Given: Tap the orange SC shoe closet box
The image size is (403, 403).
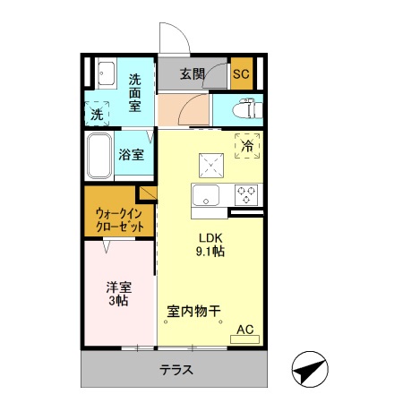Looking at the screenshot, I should click(x=241, y=73).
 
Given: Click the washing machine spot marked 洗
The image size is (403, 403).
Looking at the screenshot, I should click(x=97, y=114).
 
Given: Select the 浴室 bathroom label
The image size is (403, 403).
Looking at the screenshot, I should click(x=132, y=154).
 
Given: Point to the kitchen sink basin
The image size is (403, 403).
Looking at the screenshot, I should click(x=208, y=196).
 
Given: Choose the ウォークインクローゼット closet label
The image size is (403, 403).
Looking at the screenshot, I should click(x=120, y=220).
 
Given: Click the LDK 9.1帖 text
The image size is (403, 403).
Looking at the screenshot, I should click(x=211, y=244).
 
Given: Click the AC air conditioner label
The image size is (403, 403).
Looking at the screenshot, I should click(x=245, y=330).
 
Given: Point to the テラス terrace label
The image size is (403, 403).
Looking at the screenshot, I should click(x=177, y=369).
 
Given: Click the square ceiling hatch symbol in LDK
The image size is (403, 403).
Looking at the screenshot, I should click(x=212, y=164).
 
